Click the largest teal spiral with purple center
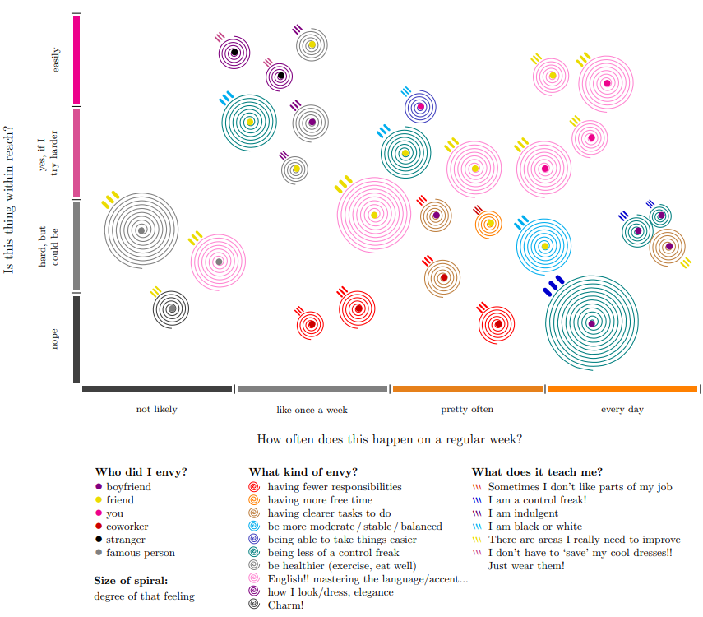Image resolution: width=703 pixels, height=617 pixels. pos(592,323)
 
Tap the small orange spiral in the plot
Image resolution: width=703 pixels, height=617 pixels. pos(489,224)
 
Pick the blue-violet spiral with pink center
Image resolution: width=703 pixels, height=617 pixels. pos(420,107)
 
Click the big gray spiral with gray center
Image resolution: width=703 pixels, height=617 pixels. pos(141,230)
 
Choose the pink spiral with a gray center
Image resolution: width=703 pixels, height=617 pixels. pos(219,262)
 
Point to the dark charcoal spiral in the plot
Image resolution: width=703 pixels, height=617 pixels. pos(171,308)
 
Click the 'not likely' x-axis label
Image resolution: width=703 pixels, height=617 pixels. pos(156,409)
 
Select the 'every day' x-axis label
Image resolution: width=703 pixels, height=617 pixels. pos(622,409)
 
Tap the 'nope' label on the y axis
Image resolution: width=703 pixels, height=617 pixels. pos(54,339)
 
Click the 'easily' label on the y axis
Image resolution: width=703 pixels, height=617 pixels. pos(55,60)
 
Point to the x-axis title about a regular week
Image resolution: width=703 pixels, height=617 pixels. pos(389,439)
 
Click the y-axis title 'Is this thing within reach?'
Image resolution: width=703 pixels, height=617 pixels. pos(8,200)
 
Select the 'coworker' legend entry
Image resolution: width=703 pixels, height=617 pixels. pos(127,527)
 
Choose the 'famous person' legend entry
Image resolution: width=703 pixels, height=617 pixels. pos(141,553)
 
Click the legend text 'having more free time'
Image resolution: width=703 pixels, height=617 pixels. pos(320,500)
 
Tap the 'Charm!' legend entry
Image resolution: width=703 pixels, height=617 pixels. pos(285,605)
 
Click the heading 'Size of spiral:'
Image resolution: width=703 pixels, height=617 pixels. pos(131,581)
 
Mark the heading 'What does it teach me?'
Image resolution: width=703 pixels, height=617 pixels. pos(537,472)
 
